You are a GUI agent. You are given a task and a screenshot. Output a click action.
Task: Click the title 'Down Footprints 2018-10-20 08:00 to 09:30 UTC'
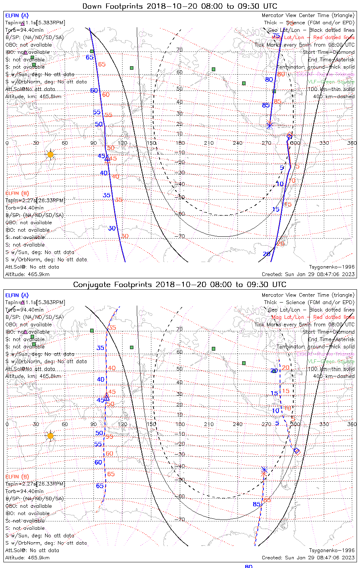tap(180, 6)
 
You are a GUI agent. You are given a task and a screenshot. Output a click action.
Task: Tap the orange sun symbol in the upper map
tap(50, 154)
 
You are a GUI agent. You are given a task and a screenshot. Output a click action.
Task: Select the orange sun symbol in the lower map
tap(50, 436)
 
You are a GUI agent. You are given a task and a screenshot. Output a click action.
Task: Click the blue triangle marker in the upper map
tap(107, 158)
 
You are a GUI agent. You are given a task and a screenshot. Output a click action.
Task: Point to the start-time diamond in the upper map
tap(290, 136)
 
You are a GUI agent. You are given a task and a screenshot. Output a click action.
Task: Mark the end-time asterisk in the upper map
tap(269, 125)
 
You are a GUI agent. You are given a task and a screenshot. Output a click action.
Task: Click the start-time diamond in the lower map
tap(297, 451)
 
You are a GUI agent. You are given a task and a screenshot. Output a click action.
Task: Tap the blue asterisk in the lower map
tap(264, 470)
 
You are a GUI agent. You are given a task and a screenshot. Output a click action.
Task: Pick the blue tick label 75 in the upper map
tap(276, 36)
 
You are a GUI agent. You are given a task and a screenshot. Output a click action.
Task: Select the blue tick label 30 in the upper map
tap(112, 228)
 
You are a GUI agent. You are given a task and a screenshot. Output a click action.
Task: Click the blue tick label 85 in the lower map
tap(257, 504)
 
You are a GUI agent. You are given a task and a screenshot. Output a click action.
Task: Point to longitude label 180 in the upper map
tap(180, 143)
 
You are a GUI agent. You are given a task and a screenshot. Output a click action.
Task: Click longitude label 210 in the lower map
tap(209, 424)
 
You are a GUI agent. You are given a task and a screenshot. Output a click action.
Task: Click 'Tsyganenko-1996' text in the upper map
tap(332, 267)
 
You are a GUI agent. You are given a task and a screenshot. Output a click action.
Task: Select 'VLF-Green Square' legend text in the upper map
tap(331, 82)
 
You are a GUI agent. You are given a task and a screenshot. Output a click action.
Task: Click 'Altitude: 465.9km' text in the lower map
tap(27, 557)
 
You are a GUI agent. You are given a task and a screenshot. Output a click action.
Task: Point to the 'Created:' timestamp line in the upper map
tap(308, 274)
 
